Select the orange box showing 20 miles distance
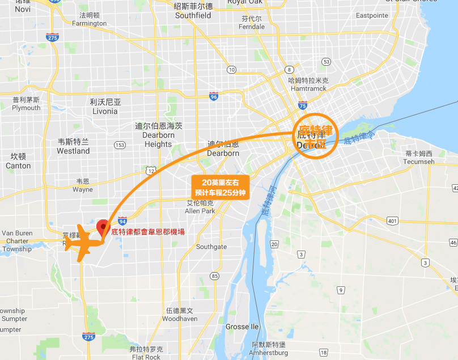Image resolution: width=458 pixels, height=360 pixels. [x=219, y=187]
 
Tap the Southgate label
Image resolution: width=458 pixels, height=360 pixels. [x=211, y=247]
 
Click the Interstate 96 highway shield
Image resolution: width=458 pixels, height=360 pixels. [x=214, y=96]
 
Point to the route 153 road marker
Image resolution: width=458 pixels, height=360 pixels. [x=120, y=145]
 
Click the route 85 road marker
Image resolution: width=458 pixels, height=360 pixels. [x=214, y=276]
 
